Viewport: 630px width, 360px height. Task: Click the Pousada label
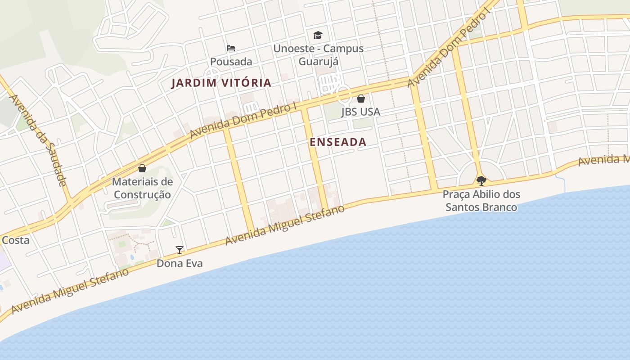click(x=231, y=61)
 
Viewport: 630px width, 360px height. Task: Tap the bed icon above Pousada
click(x=231, y=48)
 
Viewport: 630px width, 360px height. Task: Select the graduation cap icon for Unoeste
click(x=318, y=35)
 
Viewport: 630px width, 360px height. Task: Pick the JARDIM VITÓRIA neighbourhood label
click(x=221, y=83)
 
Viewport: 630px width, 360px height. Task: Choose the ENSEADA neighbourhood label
click(x=338, y=142)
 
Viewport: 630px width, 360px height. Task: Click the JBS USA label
click(x=360, y=112)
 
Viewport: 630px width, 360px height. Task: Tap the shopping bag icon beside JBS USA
click(x=361, y=99)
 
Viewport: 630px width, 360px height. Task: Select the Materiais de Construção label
click(x=142, y=188)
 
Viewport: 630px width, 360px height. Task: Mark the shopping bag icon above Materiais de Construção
click(x=142, y=169)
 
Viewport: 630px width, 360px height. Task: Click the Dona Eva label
click(x=180, y=263)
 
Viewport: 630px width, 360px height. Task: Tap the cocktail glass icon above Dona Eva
click(x=180, y=250)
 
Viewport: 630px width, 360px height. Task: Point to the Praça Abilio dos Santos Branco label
click(x=481, y=201)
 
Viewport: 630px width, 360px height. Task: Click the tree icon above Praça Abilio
click(x=481, y=181)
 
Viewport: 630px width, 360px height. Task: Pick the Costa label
click(x=15, y=240)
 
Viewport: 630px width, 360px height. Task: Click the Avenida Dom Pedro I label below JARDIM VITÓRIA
click(x=243, y=120)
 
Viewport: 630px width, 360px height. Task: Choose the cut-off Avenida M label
click(x=603, y=160)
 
